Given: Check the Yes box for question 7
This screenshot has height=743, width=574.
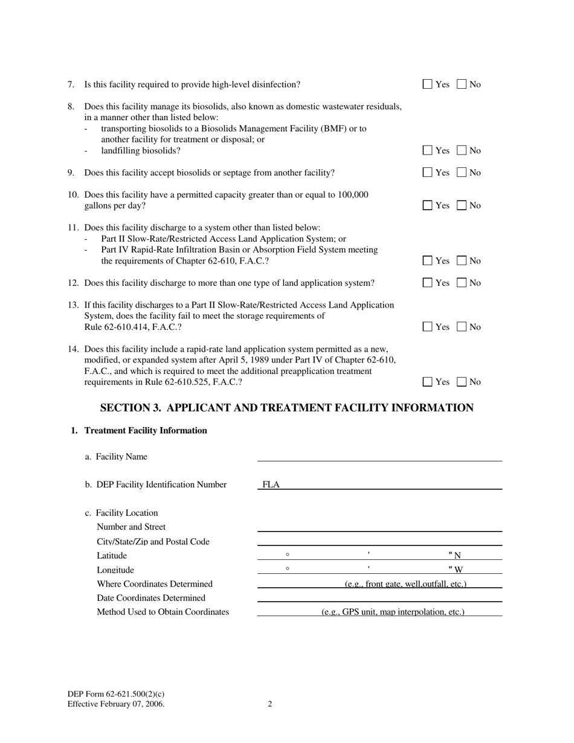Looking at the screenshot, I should pyautogui.click(x=428, y=85).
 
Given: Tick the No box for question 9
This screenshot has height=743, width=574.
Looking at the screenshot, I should pyautogui.click(x=462, y=173).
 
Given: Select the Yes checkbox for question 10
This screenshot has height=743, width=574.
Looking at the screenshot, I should pyautogui.click(x=428, y=205).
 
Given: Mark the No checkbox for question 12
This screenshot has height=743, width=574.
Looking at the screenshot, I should pyautogui.click(x=462, y=283).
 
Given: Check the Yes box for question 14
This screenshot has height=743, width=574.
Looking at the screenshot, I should pyautogui.click(x=428, y=382).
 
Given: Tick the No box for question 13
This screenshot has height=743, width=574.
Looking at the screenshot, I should pyautogui.click(x=462, y=327).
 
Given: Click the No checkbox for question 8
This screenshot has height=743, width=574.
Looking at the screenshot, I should pyautogui.click(x=462, y=150).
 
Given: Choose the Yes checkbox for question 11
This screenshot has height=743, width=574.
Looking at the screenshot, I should pyautogui.click(x=428, y=261).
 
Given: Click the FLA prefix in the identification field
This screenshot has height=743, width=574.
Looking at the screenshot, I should pyautogui.click(x=271, y=484).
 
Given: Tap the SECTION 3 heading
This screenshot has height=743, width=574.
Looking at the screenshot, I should pyautogui.click(x=286, y=408).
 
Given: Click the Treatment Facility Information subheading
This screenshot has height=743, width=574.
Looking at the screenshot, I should pyautogui.click(x=146, y=431).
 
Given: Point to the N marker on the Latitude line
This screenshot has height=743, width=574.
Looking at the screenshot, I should pyautogui.click(x=457, y=556).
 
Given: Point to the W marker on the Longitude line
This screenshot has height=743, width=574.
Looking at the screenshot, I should pyautogui.click(x=458, y=570).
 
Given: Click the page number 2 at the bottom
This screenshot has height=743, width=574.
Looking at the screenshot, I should pyautogui.click(x=270, y=704).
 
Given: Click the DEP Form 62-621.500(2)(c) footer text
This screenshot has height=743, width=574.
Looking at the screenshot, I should pyautogui.click(x=116, y=695).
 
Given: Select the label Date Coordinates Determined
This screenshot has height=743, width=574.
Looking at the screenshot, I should pyautogui.click(x=151, y=598).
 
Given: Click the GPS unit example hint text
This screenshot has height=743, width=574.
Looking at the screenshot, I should pyautogui.click(x=393, y=612).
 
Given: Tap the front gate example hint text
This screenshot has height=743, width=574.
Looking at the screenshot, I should pyautogui.click(x=405, y=584).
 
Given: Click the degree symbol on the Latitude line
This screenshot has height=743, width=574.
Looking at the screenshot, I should pyautogui.click(x=288, y=554).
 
